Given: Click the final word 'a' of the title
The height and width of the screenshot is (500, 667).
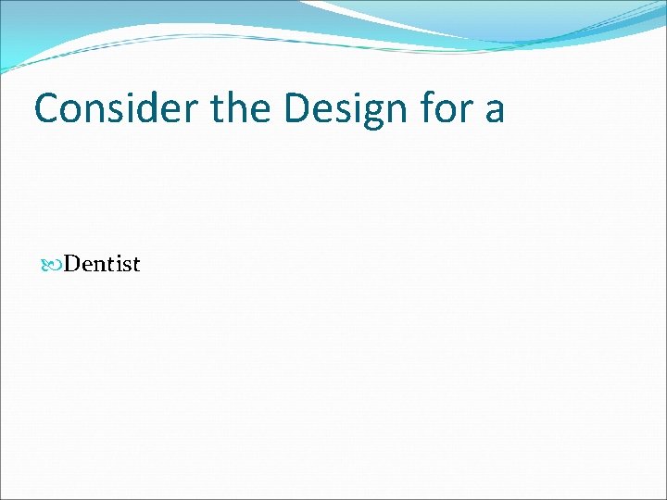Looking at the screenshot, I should pyautogui.click(x=494, y=110).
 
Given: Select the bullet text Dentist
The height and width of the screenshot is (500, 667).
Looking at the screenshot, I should pyautogui.click(x=102, y=265).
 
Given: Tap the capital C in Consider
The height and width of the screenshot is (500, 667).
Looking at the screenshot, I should pyautogui.click(x=47, y=108).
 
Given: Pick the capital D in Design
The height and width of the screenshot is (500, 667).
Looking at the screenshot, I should pyautogui.click(x=299, y=108).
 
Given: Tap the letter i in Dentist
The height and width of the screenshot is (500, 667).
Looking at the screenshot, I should pyautogui.click(x=115, y=265).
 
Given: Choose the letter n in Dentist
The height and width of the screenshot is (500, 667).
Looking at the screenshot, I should pyautogui.click(x=96, y=266).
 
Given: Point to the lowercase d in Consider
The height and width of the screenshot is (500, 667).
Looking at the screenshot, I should pyautogui.click(x=149, y=108).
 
